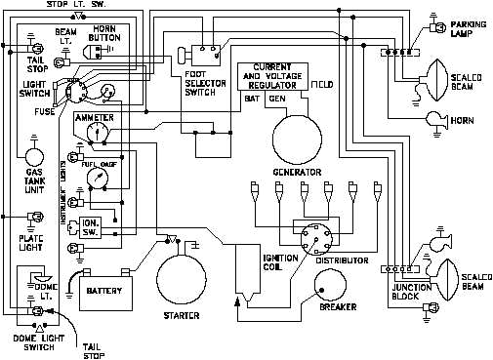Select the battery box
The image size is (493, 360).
(103, 291)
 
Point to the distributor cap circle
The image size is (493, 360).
(315, 237)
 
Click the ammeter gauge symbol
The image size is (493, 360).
(93, 134)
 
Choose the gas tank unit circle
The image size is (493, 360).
(33, 156)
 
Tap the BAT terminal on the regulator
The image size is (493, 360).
(250, 99)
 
